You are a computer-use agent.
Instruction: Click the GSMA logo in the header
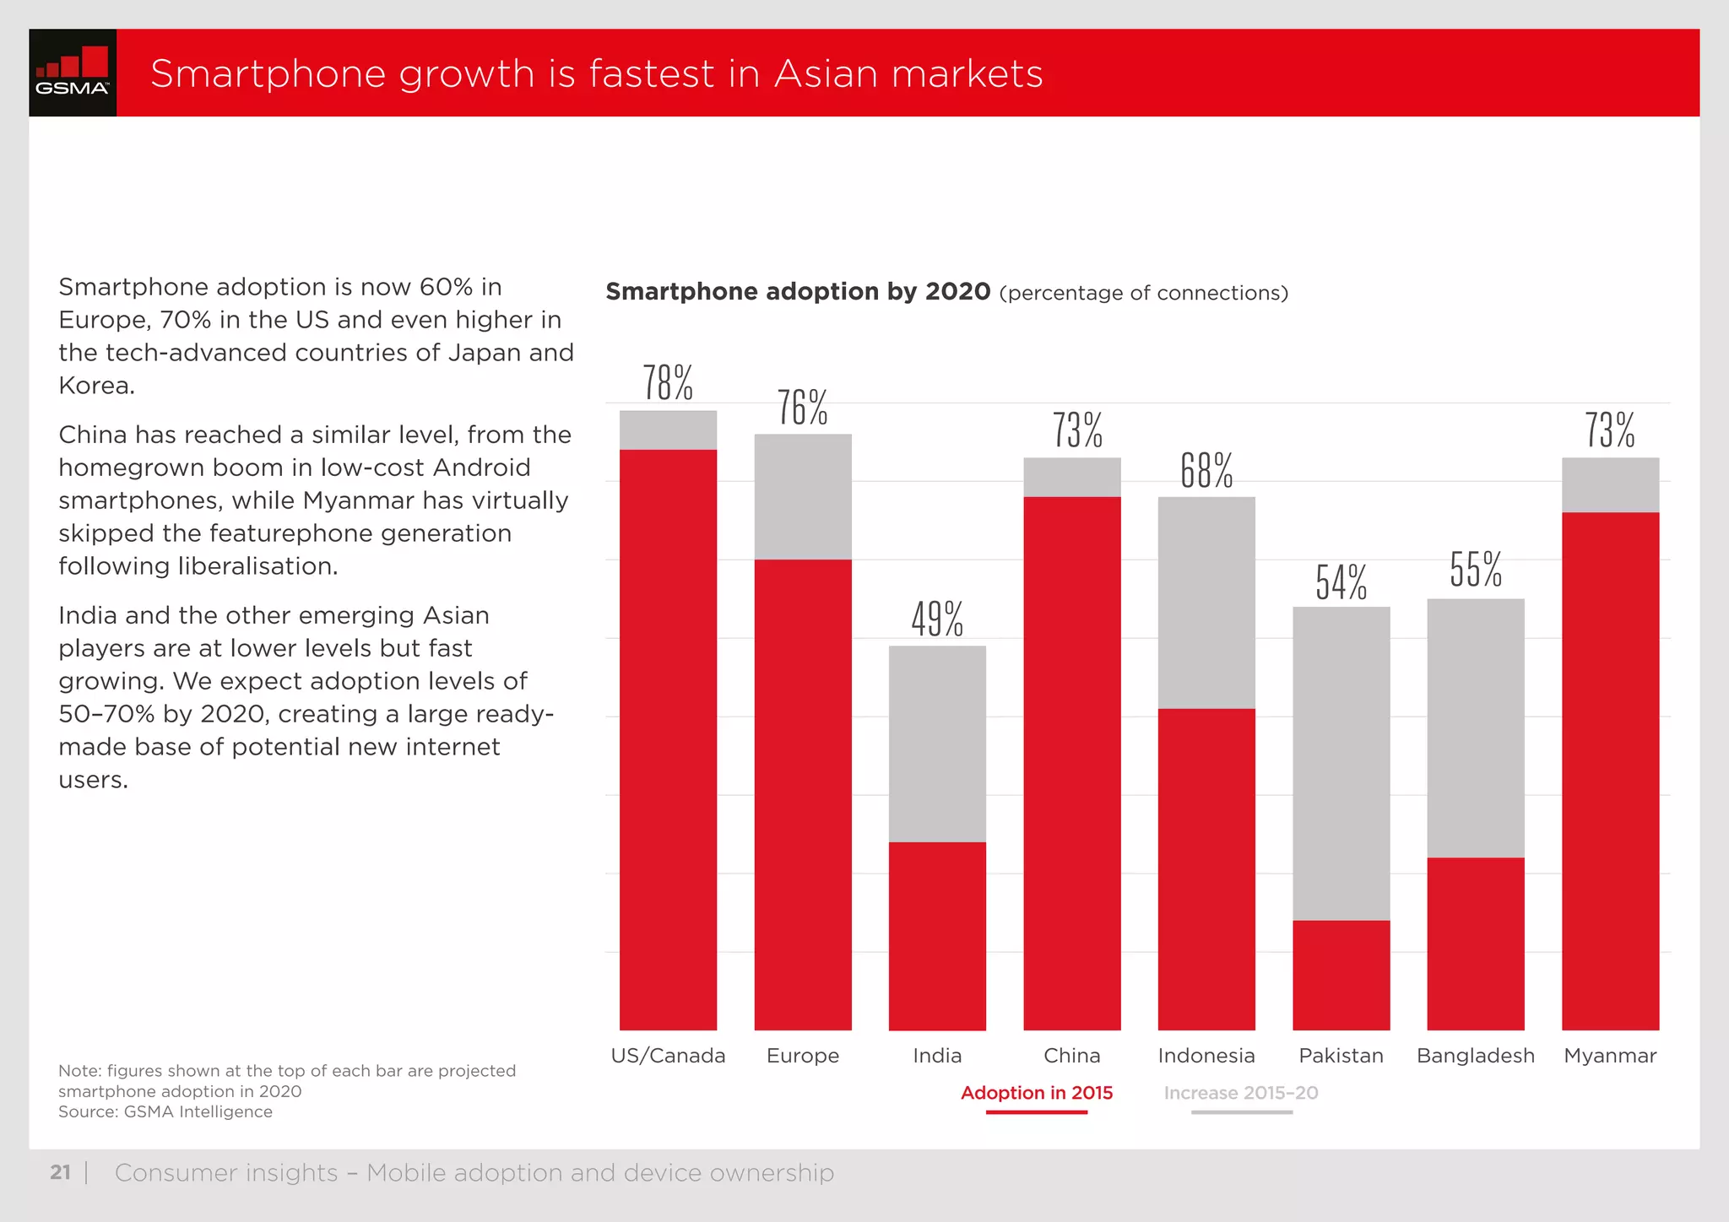(x=73, y=73)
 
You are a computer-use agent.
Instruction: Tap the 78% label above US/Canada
(x=668, y=383)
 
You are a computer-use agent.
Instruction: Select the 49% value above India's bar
(x=937, y=619)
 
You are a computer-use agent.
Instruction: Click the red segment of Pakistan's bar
(x=1341, y=975)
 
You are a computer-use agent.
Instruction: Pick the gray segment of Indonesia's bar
(x=1206, y=603)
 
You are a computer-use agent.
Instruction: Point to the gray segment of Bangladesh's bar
(x=1475, y=727)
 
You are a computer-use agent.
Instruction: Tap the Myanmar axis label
(x=1609, y=1056)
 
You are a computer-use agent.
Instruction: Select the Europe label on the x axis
(x=802, y=1056)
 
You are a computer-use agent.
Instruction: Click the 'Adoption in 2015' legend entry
(x=1036, y=1093)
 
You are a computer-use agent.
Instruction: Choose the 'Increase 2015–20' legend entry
(x=1240, y=1093)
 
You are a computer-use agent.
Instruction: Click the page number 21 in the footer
(x=60, y=1172)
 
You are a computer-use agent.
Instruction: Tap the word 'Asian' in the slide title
(x=825, y=73)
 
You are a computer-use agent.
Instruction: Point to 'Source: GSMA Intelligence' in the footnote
(x=165, y=1111)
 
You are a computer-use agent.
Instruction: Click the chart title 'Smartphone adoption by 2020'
(x=798, y=292)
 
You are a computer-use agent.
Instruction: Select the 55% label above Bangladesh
(x=1476, y=570)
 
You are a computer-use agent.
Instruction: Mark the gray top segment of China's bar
(x=1071, y=477)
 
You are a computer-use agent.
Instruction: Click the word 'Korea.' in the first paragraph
(x=96, y=386)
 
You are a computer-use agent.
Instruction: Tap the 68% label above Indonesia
(x=1206, y=471)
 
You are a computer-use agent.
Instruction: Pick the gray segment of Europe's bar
(x=802, y=496)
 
